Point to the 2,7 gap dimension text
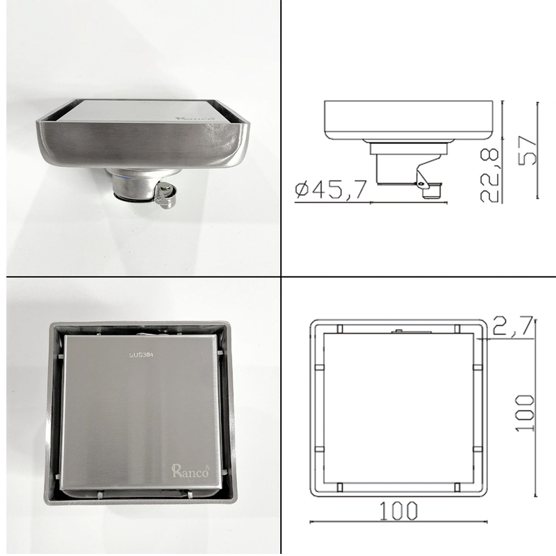point(514,326)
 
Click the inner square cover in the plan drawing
point(399,410)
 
